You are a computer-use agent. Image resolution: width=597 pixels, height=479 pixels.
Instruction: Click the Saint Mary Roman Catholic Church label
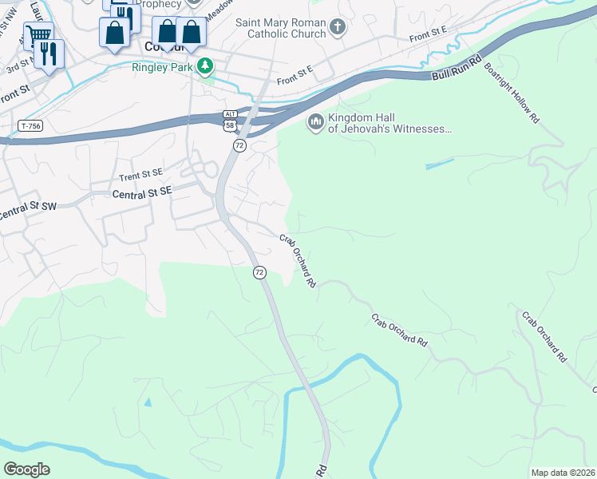(x=281, y=28)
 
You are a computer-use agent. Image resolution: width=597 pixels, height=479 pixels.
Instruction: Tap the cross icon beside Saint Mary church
(x=338, y=28)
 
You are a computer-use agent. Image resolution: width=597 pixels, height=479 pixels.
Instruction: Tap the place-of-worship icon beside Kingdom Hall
(x=314, y=122)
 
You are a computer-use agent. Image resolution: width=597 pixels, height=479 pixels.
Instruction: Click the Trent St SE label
(x=140, y=176)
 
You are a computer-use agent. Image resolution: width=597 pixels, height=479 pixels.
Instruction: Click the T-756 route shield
(x=30, y=126)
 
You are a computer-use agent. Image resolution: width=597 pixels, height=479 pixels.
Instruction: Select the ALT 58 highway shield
(x=230, y=121)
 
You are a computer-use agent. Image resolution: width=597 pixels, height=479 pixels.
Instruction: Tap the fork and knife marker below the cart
(x=49, y=53)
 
